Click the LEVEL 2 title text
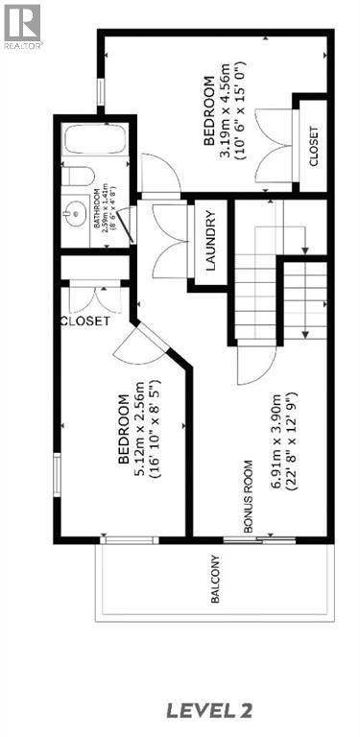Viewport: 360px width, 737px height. coord(209,711)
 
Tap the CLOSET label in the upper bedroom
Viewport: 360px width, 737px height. coord(312,144)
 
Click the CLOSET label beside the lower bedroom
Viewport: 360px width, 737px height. coord(84,321)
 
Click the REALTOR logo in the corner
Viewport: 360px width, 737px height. coord(21,25)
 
